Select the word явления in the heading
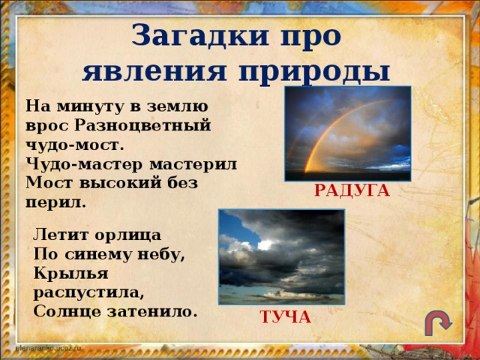coord(151,73)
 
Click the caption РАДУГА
coord(352,191)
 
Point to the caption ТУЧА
coord(285,317)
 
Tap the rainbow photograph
coord(348,133)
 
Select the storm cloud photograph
coord(281,256)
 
